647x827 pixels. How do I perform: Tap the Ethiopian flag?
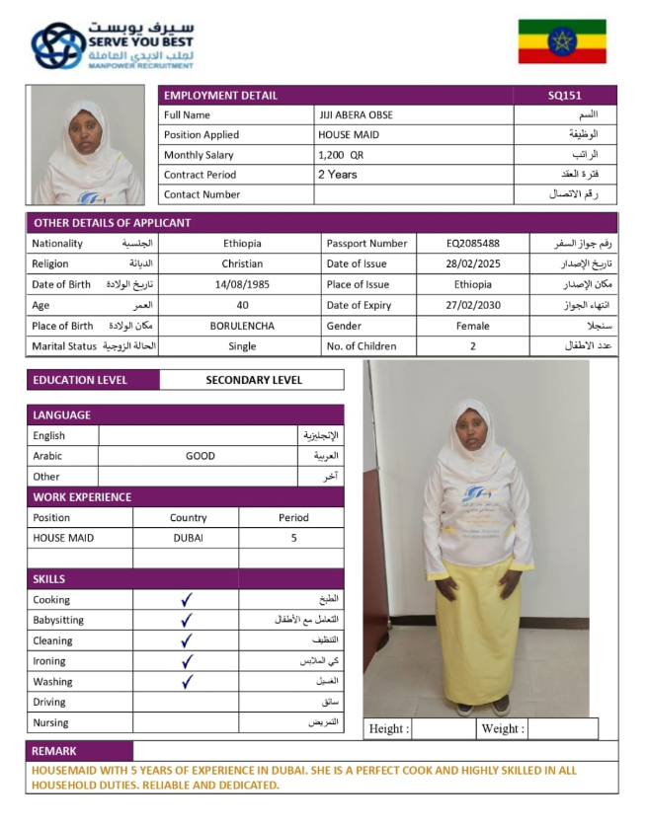click(562, 41)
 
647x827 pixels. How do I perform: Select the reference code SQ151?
click(565, 96)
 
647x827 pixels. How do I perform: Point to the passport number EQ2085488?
click(472, 243)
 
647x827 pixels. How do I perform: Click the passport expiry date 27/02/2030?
click(472, 305)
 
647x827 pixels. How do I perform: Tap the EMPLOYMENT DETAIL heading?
click(220, 96)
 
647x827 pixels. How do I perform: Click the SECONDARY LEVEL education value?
click(254, 380)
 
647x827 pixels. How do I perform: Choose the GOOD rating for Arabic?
click(200, 456)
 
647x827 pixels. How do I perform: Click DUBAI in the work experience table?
click(188, 538)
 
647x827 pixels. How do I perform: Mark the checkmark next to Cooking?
click(187, 600)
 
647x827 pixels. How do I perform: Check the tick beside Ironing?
click(187, 661)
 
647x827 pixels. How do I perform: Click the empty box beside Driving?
click(186, 702)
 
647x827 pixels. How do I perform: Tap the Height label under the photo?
click(388, 729)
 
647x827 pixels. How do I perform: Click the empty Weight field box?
click(562, 729)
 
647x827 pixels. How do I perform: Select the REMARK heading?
click(54, 751)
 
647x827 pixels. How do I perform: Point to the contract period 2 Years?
click(337, 175)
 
